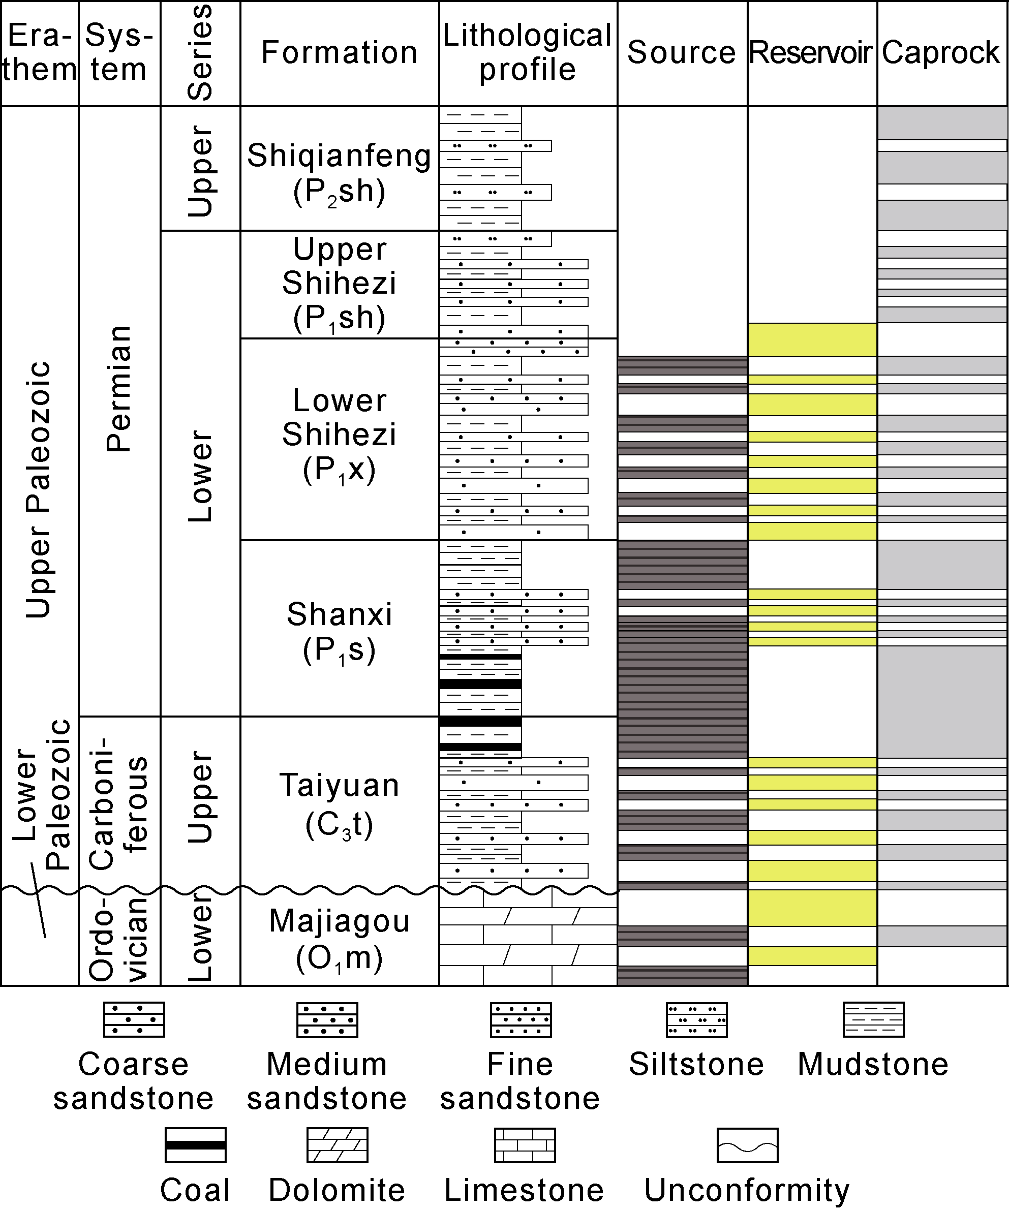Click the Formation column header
(x=339, y=53)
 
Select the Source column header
(x=681, y=53)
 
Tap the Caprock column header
(x=941, y=53)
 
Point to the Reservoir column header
(x=811, y=53)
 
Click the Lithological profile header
(x=527, y=53)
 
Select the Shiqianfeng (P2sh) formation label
(x=339, y=172)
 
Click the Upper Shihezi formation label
(x=339, y=283)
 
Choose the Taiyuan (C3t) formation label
(x=339, y=803)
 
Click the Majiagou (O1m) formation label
(x=339, y=938)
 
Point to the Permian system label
(x=119, y=389)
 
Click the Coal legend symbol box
(x=196, y=1145)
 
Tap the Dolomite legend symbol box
(x=338, y=1145)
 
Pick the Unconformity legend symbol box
(x=747, y=1145)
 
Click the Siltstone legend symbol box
(x=696, y=1019)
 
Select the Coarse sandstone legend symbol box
(x=134, y=1019)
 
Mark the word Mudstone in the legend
(x=873, y=1065)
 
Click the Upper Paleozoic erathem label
(x=39, y=490)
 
